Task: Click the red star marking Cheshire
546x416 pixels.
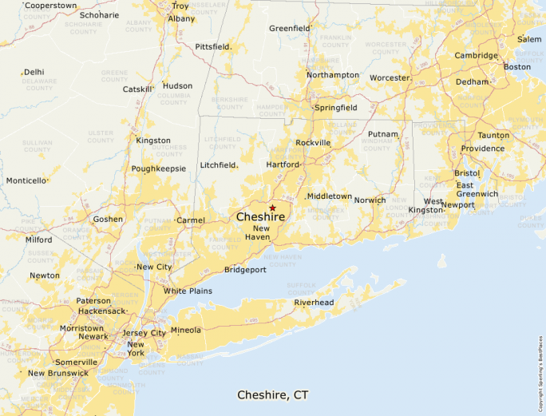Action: pos(272,208)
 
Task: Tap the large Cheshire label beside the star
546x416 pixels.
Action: pos(260,216)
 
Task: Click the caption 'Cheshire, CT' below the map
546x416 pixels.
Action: pos(273,395)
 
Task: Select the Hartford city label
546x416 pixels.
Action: pos(283,164)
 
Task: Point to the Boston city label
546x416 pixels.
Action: pos(516,67)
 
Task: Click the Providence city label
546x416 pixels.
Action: pos(482,149)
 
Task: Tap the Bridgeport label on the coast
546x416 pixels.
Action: pos(245,270)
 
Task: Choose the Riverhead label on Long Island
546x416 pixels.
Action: pos(314,303)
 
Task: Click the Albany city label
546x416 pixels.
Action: pos(181,18)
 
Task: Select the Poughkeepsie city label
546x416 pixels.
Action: pos(159,168)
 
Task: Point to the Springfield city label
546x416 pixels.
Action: pos(336,107)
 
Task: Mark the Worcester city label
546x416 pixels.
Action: pos(390,78)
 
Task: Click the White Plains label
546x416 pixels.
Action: pos(188,291)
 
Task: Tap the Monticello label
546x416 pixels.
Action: pos(26,180)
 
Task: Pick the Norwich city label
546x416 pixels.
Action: pos(370,200)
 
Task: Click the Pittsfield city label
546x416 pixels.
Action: pos(212,47)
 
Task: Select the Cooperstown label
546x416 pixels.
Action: pos(50,6)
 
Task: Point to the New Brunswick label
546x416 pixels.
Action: pos(57,373)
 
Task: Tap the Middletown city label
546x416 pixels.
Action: pos(330,196)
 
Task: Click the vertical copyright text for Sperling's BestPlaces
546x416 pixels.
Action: pos(540,367)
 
